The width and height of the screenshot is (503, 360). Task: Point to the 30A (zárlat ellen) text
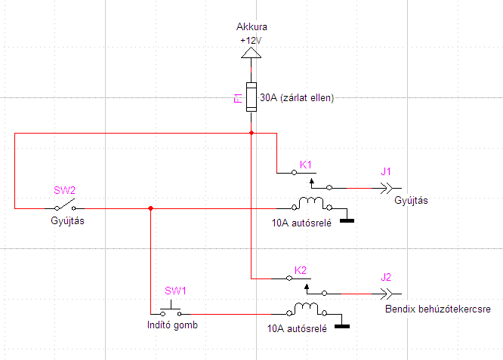pyautogui.click(x=296, y=97)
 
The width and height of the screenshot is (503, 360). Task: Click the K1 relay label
pyautogui.click(x=306, y=165)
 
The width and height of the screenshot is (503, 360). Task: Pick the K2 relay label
pyautogui.click(x=300, y=270)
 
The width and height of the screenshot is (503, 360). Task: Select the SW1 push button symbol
pyautogui.click(x=171, y=310)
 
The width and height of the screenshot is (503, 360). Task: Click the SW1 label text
pyautogui.click(x=175, y=291)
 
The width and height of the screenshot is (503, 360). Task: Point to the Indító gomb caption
pyautogui.click(x=172, y=325)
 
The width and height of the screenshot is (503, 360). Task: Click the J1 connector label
pyautogui.click(x=386, y=171)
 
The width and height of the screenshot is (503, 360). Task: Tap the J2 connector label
pyautogui.click(x=386, y=277)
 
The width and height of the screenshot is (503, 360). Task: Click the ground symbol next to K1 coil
pyautogui.click(x=348, y=221)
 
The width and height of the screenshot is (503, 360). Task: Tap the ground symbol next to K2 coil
pyautogui.click(x=342, y=326)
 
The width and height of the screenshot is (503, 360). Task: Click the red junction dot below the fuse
pyautogui.click(x=250, y=133)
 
